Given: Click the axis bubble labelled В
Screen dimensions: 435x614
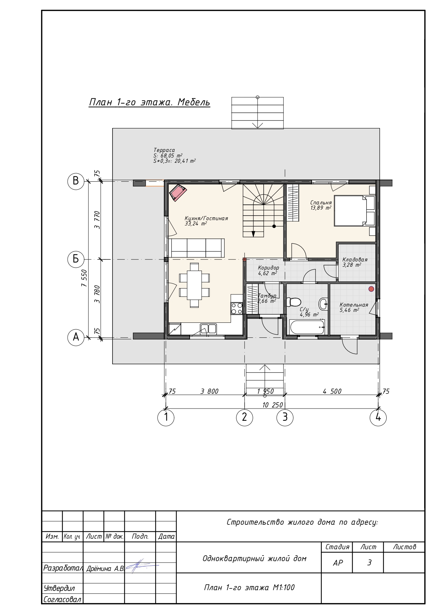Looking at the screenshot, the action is pos(76,181).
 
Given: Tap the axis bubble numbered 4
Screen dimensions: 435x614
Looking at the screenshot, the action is pos(378,417).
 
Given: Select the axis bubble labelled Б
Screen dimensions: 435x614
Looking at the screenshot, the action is pos(76,259).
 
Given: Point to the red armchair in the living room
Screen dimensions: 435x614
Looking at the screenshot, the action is pos(178,193).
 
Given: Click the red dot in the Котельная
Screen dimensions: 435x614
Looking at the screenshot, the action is pos(371,289).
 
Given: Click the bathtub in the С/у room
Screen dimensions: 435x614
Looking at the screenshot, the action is pos(307,327).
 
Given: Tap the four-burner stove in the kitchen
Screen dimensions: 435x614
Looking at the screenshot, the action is pos(237,308).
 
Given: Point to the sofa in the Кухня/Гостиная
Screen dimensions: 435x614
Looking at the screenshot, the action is pos(196,248).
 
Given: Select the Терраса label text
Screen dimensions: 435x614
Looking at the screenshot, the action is pos(164,150).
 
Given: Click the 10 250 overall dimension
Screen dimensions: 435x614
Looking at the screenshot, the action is pos(272,405).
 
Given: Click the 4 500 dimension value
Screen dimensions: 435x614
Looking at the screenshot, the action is pos(332,391).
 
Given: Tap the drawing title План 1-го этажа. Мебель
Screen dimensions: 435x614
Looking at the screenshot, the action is pos(149,102).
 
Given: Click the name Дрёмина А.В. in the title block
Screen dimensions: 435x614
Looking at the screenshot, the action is pos(105,568).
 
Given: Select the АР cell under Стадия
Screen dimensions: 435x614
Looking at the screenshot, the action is pos(338,563).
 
